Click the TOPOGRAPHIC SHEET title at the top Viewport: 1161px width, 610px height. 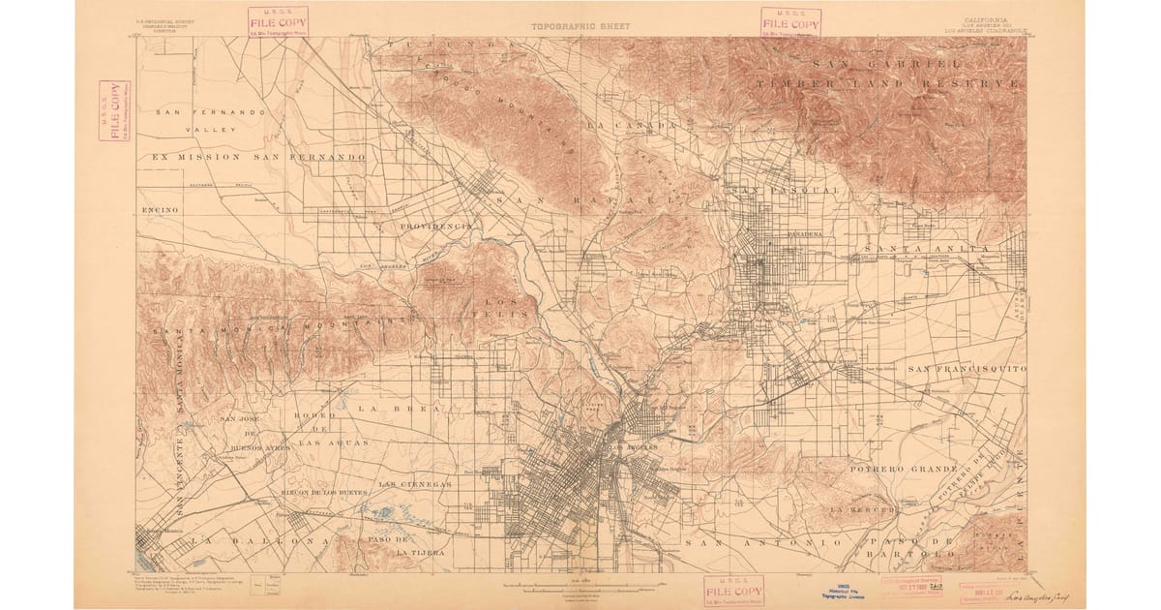click(580, 26)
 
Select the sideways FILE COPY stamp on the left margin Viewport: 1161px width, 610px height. click(114, 110)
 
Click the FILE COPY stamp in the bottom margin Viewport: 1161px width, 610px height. click(733, 590)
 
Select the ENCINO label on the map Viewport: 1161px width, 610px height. click(158, 209)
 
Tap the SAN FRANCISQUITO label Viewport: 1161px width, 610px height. click(967, 369)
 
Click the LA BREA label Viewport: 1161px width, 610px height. click(398, 409)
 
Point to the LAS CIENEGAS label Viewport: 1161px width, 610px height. click(414, 483)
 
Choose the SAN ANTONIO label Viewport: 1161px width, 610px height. click(763, 543)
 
